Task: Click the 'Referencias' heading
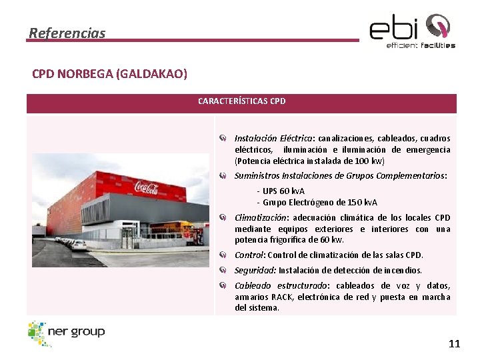click(67, 33)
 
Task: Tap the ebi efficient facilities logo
click(413, 31)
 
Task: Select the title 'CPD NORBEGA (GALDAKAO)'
click(109, 73)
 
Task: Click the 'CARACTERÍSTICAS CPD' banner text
click(241, 101)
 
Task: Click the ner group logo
click(66, 333)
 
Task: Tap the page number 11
click(454, 344)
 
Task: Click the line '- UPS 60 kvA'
click(280, 191)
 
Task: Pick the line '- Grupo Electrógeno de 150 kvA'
click(317, 203)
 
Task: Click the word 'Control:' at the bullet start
click(249, 255)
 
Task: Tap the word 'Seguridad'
click(255, 271)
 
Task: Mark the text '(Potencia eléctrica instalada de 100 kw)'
click(309, 161)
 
